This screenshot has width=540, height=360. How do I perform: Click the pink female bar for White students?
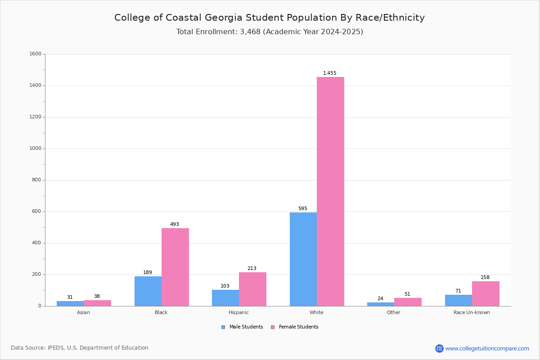coord(330,191)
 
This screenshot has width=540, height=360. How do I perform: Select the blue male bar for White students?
coord(303,259)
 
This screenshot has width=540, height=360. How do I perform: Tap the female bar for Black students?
coord(175,267)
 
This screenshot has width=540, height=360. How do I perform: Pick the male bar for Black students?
coord(148,291)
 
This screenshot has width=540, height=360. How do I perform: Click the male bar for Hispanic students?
coord(225,298)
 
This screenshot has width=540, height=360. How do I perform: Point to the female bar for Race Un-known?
coord(486,293)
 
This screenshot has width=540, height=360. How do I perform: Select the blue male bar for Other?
coord(381,304)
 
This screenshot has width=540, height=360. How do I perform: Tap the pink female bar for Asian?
coord(97,303)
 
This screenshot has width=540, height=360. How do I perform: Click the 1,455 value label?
coord(330,73)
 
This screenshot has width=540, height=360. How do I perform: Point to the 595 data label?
coord(302,209)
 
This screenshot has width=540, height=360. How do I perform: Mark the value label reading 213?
coord(252,269)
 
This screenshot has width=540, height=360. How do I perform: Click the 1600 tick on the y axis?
coord(36,54)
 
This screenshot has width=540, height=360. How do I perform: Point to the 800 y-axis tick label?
coord(36,180)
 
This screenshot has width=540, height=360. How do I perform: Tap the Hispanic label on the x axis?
coord(238,312)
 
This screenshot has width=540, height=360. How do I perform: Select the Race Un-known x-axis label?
coord(472,312)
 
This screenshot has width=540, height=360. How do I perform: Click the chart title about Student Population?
coord(270,18)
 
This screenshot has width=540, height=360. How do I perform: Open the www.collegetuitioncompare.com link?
coord(487,348)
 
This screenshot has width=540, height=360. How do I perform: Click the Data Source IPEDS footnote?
coord(80,348)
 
